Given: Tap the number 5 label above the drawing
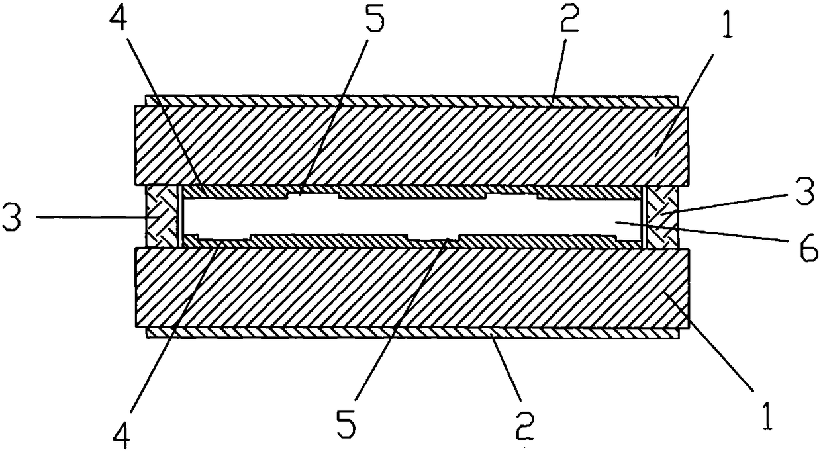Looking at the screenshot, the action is [x=372, y=23].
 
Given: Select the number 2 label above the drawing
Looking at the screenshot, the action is [x=570, y=23].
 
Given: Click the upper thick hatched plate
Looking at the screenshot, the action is [x=410, y=145].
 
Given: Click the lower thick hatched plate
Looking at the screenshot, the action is [x=410, y=287].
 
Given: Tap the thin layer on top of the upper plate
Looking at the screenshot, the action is [x=410, y=101].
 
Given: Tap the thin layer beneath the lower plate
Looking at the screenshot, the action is [x=410, y=332].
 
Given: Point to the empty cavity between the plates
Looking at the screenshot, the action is [x=410, y=216].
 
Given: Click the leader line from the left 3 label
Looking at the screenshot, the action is [x=86, y=216].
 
